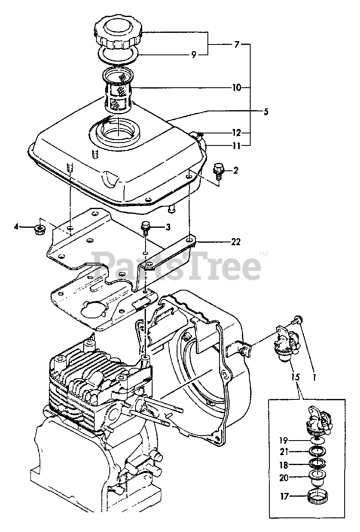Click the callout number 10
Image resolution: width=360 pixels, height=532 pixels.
click(237, 88)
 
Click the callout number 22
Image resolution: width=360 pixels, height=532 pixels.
click(235, 241)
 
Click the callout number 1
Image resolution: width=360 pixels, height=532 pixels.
click(315, 377)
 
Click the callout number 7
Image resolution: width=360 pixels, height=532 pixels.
click(237, 44)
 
